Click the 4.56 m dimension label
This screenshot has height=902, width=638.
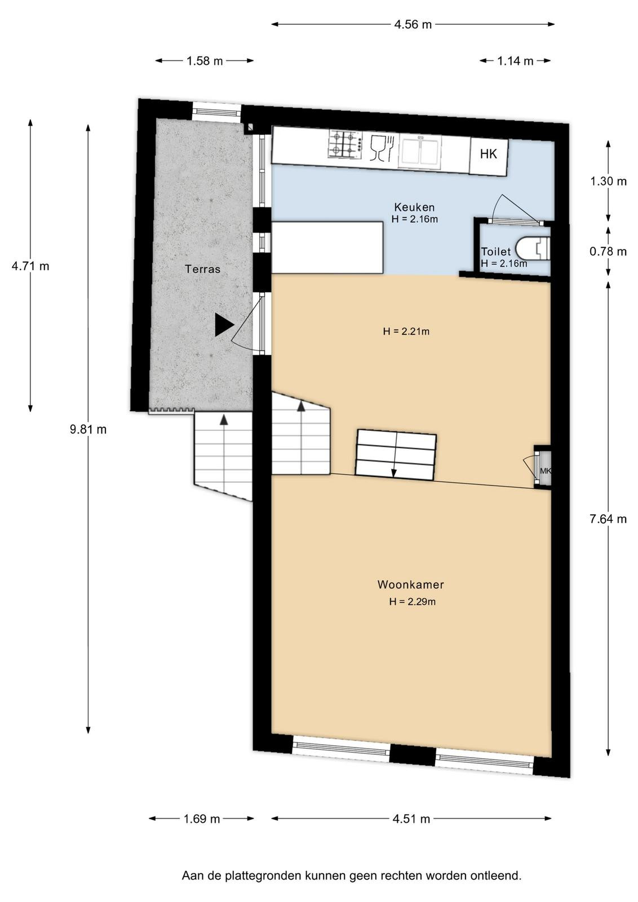[413, 25]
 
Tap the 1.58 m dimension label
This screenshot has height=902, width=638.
[205, 61]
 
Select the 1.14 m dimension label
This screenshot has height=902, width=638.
[515, 61]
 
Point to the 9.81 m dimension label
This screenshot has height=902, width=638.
[88, 430]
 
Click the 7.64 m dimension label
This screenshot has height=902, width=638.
[608, 519]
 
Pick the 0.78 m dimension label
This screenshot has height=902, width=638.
[608, 251]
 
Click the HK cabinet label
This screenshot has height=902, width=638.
[488, 154]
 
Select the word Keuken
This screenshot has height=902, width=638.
[414, 207]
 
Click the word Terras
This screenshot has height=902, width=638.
[202, 269]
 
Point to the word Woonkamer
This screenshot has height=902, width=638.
[410, 585]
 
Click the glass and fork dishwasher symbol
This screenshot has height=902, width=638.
[381, 148]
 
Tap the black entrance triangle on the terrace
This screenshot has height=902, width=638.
[224, 325]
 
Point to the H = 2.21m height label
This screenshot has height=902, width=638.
[406, 331]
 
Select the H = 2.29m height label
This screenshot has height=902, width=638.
[412, 602]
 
